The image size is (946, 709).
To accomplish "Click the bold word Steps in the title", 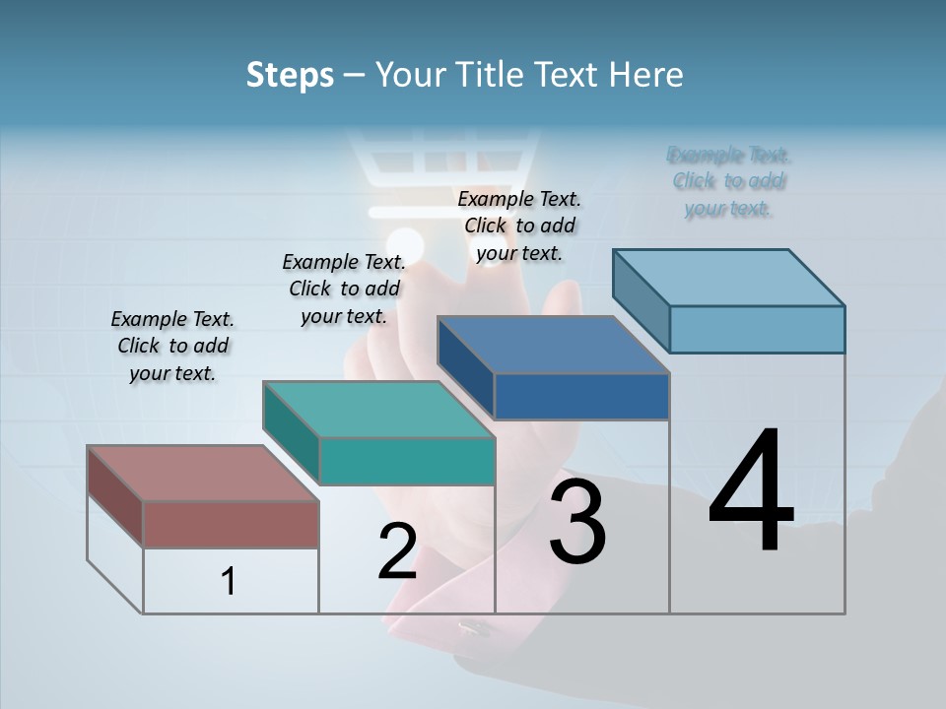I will pos(290,75).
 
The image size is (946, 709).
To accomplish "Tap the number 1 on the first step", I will pos(228,581).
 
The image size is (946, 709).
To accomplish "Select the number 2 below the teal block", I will pos(397,551).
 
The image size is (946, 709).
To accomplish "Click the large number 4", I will pos(751,492).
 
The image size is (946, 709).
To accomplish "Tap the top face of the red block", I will pos(202,473).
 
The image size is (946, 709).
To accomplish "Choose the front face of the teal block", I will pos(407,461).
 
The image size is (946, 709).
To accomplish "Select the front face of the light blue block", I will pos(757,329).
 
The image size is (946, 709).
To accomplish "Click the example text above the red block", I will pos(172,346).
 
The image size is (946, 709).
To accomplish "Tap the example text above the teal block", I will pos(344,289).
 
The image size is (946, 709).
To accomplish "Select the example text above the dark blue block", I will pos(519,226).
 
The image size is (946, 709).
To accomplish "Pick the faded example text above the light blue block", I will pos(729,181).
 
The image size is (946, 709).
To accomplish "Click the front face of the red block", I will pos(231,524).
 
